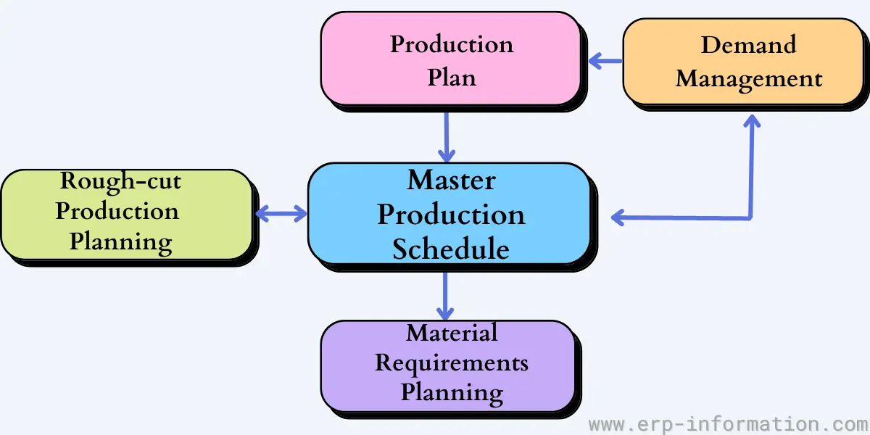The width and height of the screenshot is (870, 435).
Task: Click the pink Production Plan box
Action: click(451, 59)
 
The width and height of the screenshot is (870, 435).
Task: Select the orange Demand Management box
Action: click(743, 62)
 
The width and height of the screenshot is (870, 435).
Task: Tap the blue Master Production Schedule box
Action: click(449, 214)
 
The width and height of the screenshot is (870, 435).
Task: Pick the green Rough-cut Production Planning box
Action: click(127, 215)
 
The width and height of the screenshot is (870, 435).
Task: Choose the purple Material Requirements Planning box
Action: click(448, 366)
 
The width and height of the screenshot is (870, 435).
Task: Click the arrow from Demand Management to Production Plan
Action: click(605, 61)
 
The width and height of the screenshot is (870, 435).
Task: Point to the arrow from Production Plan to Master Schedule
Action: click(447, 138)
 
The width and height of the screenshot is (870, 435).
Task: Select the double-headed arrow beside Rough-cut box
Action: click(281, 214)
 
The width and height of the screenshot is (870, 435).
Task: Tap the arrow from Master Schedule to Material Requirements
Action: click(445, 296)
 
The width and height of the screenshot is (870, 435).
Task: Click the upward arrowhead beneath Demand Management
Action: click(752, 121)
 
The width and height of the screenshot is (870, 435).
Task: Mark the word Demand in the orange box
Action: click(748, 45)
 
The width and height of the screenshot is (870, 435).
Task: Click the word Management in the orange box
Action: click(749, 80)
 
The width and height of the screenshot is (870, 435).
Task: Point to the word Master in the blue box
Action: click(451, 180)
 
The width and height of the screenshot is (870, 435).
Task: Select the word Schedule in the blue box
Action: click(450, 249)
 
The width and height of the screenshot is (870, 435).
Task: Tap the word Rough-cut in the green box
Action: click(120, 182)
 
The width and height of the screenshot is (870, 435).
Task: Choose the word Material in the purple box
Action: click(452, 333)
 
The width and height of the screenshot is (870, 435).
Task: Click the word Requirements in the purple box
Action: click(451, 363)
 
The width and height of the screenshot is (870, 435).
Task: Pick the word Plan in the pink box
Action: click(452, 78)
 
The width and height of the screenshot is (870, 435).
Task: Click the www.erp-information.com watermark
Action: click(729, 424)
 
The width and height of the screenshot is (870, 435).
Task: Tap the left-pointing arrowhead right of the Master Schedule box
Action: click(618, 217)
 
